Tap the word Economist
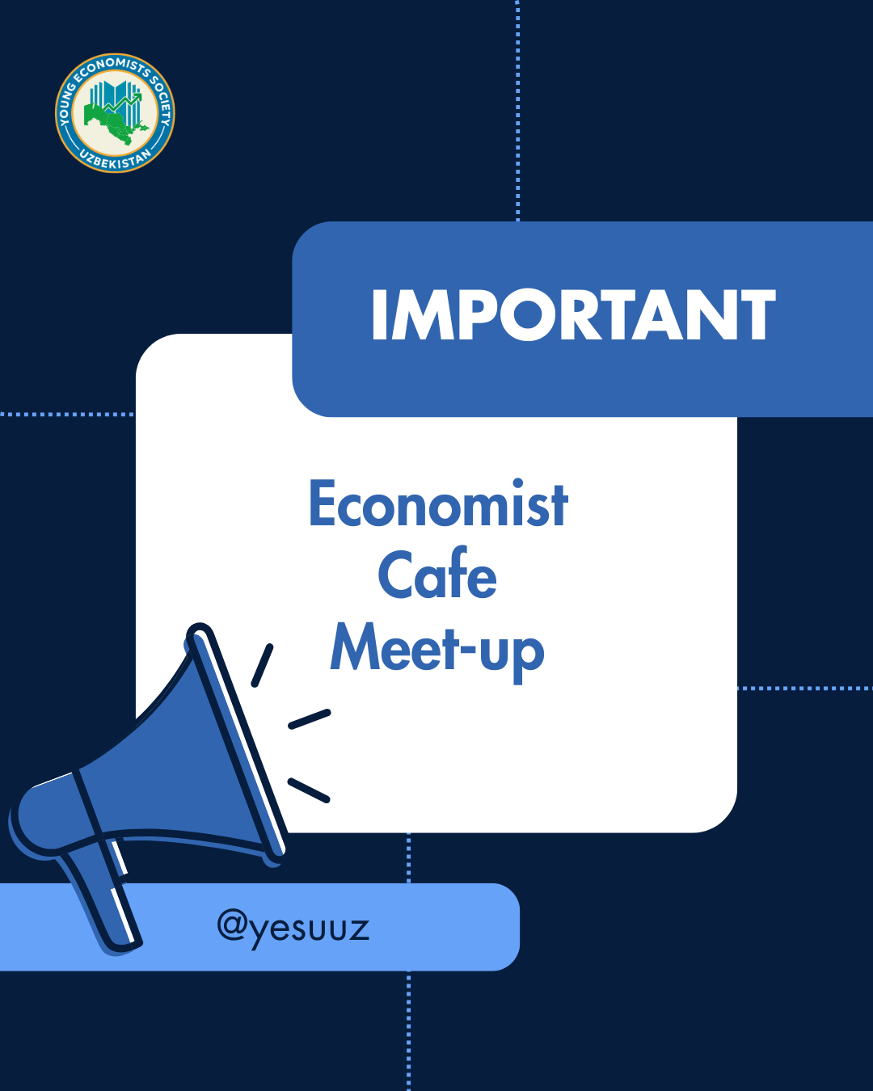pyautogui.click(x=438, y=504)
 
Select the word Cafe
pyautogui.click(x=437, y=575)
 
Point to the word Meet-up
pyautogui.click(x=437, y=649)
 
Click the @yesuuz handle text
pyautogui.click(x=293, y=927)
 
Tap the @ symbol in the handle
pyautogui.click(x=232, y=925)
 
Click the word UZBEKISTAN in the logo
pyautogui.click(x=116, y=158)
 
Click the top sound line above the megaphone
pyautogui.click(x=262, y=665)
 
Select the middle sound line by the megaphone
pyautogui.click(x=310, y=718)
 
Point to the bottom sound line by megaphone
pyautogui.click(x=309, y=790)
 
